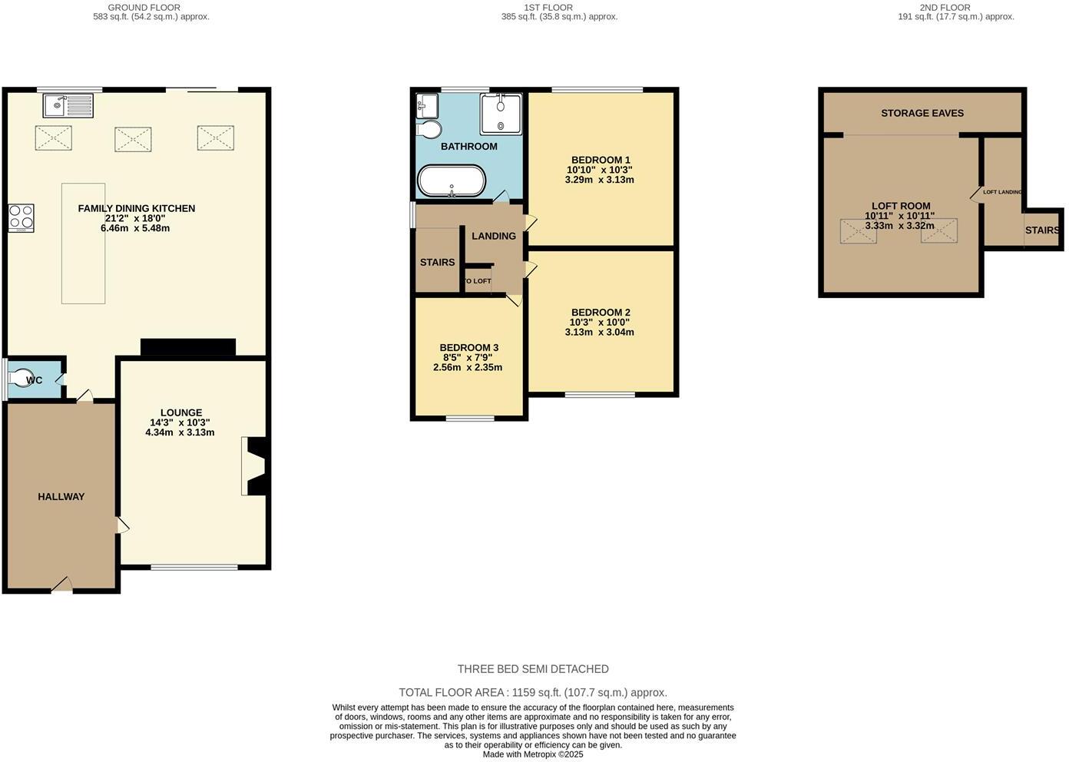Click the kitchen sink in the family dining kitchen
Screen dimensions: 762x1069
pyautogui.click(x=68, y=105)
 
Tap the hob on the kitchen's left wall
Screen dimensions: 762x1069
pyautogui.click(x=21, y=217)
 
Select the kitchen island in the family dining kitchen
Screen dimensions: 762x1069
pyautogui.click(x=83, y=244)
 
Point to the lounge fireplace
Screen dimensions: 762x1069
pyautogui.click(x=254, y=466)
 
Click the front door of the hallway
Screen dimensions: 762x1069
pyautogui.click(x=62, y=586)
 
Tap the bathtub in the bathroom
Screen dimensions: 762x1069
pyautogui.click(x=452, y=181)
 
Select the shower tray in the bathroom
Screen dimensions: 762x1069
pyautogui.click(x=501, y=114)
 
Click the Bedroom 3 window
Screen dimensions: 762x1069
pyautogui.click(x=471, y=419)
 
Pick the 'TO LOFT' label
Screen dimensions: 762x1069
pyautogui.click(x=477, y=281)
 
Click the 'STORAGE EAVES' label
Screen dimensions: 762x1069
pyautogui.click(x=922, y=113)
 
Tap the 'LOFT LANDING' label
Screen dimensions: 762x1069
pyautogui.click(x=1002, y=192)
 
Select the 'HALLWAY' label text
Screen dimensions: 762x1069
pyautogui.click(x=61, y=497)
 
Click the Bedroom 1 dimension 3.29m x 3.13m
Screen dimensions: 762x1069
pyautogui.click(x=599, y=180)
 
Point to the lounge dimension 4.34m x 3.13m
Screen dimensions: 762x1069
pyautogui.click(x=180, y=432)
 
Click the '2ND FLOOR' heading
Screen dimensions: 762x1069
pyautogui.click(x=945, y=8)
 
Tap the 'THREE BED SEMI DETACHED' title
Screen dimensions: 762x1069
pyautogui.click(x=533, y=669)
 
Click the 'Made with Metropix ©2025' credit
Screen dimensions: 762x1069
pyautogui.click(x=533, y=754)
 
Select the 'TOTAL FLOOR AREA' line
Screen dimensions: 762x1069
pyautogui.click(x=533, y=692)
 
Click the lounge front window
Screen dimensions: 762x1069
pyautogui.click(x=194, y=568)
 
